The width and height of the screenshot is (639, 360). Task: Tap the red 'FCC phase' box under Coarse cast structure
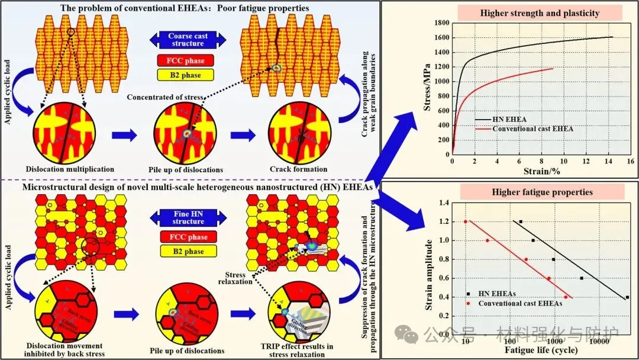tap(185, 60)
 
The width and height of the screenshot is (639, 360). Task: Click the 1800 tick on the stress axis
tap(441, 22)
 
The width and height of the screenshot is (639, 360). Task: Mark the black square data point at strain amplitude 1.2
tap(521, 221)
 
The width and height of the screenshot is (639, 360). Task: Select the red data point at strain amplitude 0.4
tap(566, 297)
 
